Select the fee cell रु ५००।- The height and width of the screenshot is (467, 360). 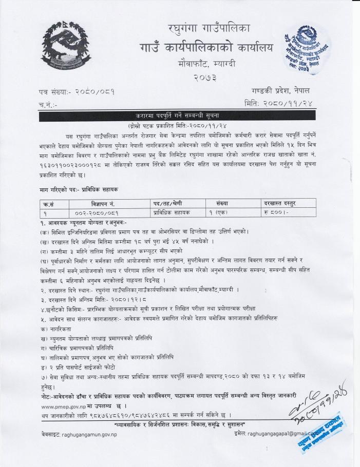(274, 211)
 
